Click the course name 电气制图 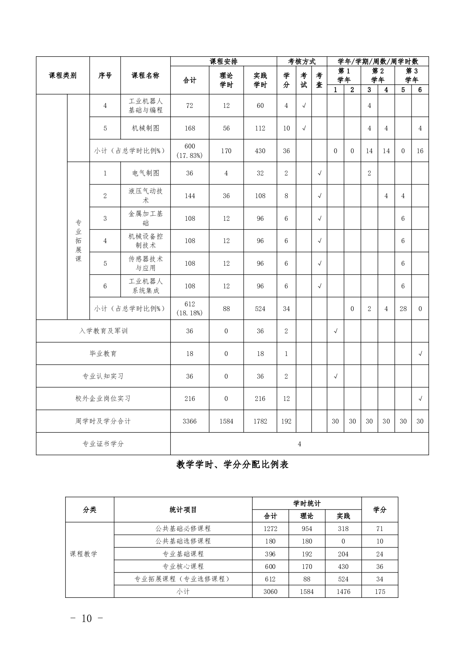(146, 173)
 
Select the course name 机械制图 (146, 128)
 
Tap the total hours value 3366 (190, 421)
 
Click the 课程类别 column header (63, 75)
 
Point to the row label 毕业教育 (103, 354)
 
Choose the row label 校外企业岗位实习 (103, 399)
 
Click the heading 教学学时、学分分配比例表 (232, 465)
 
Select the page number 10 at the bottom (87, 619)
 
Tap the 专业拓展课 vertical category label (78, 241)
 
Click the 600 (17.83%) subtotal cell (190, 151)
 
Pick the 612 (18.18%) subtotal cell (190, 309)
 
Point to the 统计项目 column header (183, 510)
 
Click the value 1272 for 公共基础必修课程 (270, 529)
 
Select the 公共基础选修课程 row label (183, 541)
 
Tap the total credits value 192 (286, 421)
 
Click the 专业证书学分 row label (103, 444)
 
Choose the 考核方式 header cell (302, 61)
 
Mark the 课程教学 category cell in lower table (84, 554)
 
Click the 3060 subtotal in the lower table (270, 592)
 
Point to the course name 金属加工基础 (146, 218)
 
